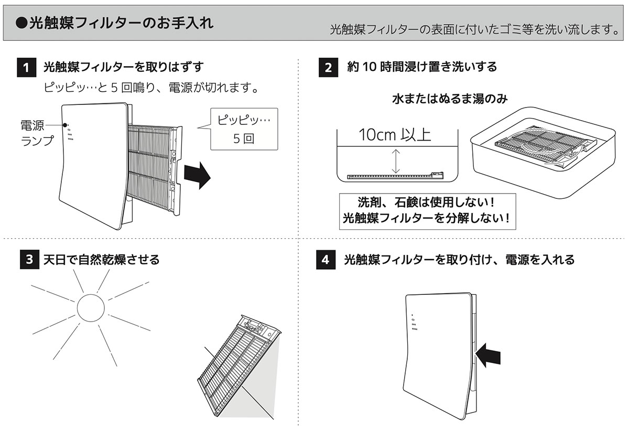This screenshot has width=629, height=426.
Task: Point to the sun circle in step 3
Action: point(92,307)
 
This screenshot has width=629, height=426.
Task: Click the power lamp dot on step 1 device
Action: point(66,125)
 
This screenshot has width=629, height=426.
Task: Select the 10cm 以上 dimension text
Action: point(395,135)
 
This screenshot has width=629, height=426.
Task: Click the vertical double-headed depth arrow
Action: point(396,162)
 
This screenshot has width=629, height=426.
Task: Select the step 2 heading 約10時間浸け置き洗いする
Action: point(422,67)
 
